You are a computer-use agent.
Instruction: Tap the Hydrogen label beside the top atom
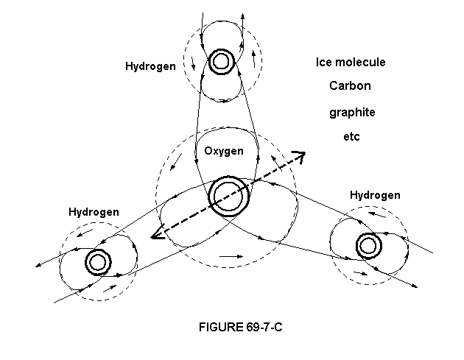150,66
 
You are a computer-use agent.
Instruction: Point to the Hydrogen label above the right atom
375,195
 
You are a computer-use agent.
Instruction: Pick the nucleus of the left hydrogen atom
96,261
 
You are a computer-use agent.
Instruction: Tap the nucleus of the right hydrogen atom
368,244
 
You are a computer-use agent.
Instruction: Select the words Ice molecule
351,63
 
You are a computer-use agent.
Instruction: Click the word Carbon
350,86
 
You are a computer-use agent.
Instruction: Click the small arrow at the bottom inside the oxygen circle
231,256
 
